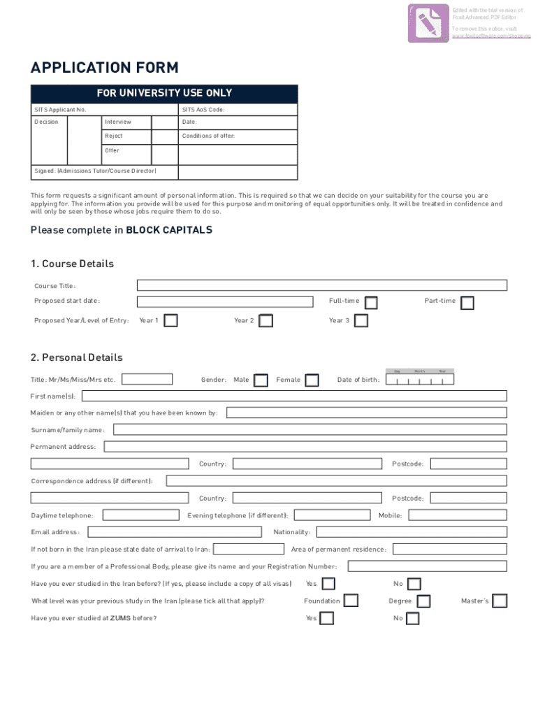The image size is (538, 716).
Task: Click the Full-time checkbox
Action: pyautogui.click(x=372, y=302)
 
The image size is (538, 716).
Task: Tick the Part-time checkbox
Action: pyautogui.click(x=467, y=302)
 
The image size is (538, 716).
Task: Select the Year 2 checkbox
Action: pyautogui.click(x=266, y=321)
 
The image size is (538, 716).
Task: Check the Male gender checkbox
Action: pyautogui.click(x=261, y=380)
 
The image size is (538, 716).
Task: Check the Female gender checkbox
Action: pyautogui.click(x=312, y=380)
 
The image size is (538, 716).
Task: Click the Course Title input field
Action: pyautogui.click(x=321, y=285)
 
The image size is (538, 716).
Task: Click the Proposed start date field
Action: pyautogui.click(x=224, y=302)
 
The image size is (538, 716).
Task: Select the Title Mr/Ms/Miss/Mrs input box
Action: pyautogui.click(x=147, y=380)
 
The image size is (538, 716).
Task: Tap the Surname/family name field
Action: pyautogui.click(x=310, y=430)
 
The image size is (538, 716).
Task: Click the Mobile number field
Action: pyautogui.click(x=457, y=515)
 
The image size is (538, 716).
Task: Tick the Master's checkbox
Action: pyautogui.click(x=500, y=601)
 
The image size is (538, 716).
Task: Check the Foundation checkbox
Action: pyautogui.click(x=351, y=601)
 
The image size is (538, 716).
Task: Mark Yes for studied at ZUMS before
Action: pyautogui.click(x=326, y=618)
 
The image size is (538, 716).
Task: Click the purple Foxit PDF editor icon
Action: pyautogui.click(x=428, y=23)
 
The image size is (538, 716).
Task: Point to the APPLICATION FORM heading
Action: pyautogui.click(x=105, y=68)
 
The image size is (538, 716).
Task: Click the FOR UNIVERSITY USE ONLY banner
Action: pyautogui.click(x=164, y=94)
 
